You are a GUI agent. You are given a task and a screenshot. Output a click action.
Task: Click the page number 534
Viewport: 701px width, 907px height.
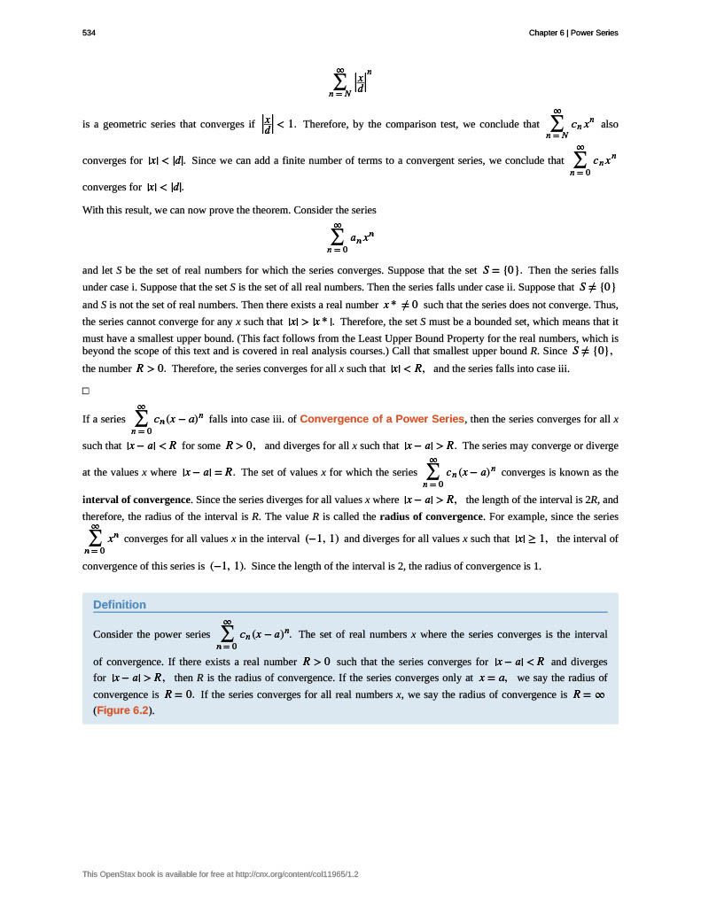89,33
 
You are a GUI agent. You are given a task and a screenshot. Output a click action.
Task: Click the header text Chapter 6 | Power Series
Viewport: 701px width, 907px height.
572,33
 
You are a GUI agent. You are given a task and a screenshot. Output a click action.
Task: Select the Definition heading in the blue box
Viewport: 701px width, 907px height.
120,605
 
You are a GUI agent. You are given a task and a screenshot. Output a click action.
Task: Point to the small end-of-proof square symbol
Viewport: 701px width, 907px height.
86,391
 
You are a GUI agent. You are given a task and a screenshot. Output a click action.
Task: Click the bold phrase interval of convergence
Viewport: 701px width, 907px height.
136,500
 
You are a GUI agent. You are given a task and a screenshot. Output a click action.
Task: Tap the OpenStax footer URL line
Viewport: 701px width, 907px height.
221,874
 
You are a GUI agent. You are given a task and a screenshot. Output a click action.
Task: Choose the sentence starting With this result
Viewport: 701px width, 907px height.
230,210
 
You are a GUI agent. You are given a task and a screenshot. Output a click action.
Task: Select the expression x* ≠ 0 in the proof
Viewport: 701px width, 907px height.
400,304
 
